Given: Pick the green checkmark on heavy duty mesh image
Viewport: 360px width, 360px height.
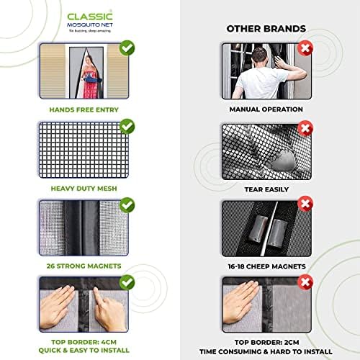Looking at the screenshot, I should point(127,128).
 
